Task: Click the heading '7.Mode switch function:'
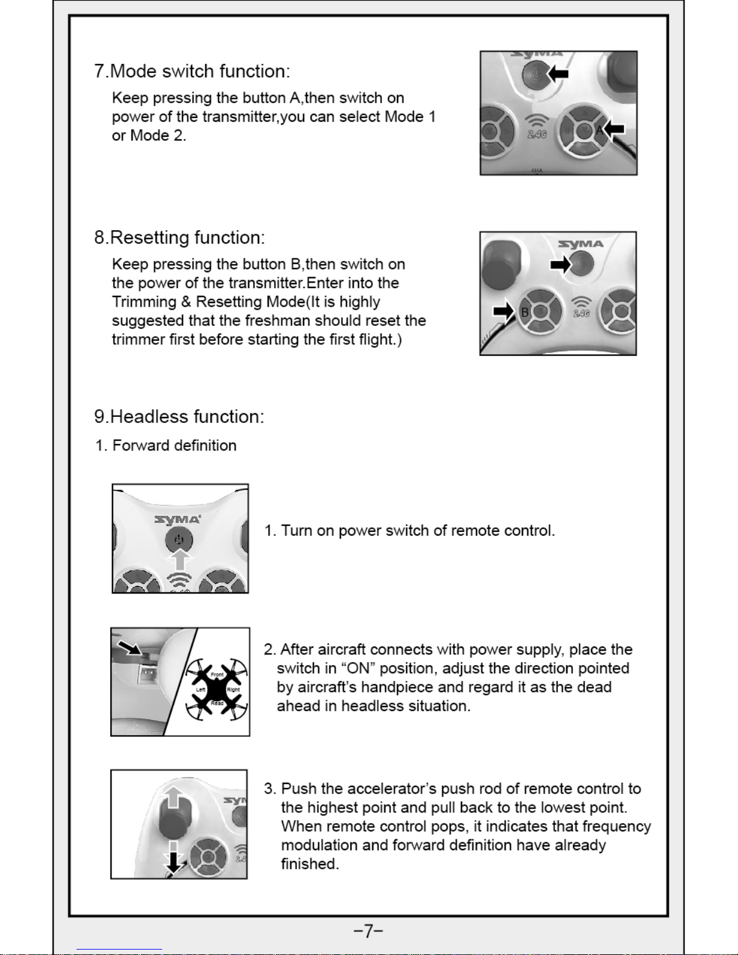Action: coord(192,72)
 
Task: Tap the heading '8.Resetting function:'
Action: coord(179,238)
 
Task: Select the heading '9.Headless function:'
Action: coord(179,417)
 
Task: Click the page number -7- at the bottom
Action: coord(368,931)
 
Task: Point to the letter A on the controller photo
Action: coord(599,130)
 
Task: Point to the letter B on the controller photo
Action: coord(525,313)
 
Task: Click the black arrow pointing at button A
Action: coord(615,128)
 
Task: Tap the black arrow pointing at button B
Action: coord(504,311)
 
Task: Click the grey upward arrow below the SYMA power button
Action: coord(179,561)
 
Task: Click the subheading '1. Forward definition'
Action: coord(166,446)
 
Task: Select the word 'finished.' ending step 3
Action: coord(310,864)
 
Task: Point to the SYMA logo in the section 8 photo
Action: coord(580,244)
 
